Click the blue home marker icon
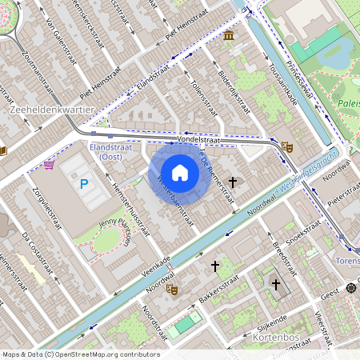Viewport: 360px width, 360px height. point(180,172)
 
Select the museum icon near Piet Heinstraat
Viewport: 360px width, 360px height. point(229,37)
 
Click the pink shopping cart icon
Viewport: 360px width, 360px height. point(50,165)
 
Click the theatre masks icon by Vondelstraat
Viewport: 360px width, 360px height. point(286,146)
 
